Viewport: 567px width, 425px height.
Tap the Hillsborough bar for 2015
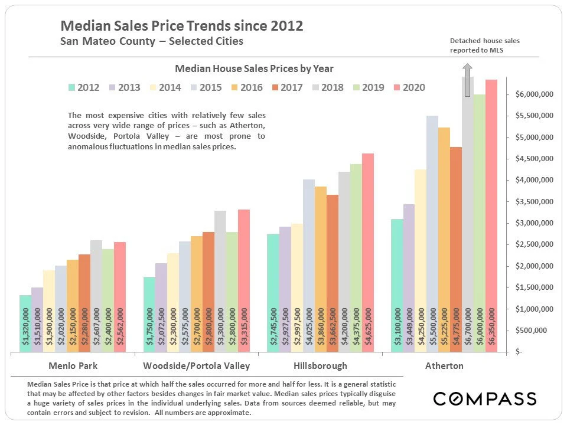tap(309, 266)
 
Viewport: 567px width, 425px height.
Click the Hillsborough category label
tap(320, 365)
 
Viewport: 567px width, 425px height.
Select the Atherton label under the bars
tap(444, 365)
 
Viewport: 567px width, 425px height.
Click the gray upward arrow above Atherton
tap(467, 87)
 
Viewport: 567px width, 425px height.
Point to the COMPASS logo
tap(485, 398)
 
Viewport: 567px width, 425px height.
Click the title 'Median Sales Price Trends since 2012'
tap(182, 26)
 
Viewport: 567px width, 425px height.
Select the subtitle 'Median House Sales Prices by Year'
tap(255, 68)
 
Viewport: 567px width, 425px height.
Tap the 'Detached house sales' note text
tap(484, 41)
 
